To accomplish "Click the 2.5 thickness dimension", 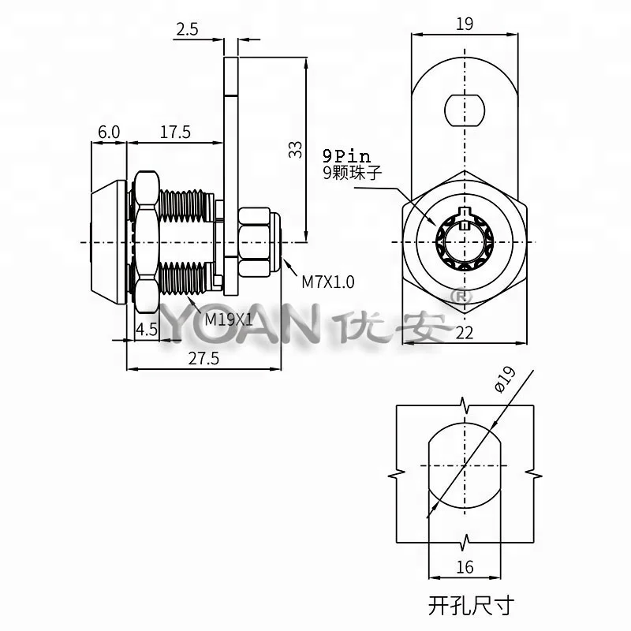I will pos(187,30).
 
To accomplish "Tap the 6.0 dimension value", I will pos(109,132).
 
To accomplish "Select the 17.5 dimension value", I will pos(174,132).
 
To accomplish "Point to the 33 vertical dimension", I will pos(295,149).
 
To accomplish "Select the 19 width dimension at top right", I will pos(465,24).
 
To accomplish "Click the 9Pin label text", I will pos(345,157).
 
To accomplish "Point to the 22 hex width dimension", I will pos(464,333).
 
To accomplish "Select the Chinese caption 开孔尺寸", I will pos(471,606).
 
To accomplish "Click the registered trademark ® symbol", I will pos(457,298).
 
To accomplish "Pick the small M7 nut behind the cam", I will pos(256,240).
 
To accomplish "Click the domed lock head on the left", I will pos(108,240).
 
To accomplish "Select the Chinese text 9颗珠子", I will pos(352,174).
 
